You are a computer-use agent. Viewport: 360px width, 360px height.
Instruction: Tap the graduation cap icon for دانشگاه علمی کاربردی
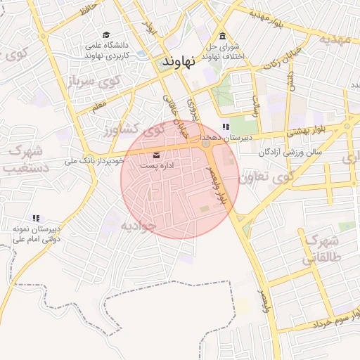tap(106, 34)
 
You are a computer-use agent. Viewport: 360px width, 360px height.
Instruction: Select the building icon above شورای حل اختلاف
tap(223, 37)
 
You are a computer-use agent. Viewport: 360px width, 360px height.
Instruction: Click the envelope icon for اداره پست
tap(155, 155)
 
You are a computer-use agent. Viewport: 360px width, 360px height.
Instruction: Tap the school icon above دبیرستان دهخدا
tap(225, 127)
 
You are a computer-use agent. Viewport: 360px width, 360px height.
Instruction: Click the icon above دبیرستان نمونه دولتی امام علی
tap(36, 218)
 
